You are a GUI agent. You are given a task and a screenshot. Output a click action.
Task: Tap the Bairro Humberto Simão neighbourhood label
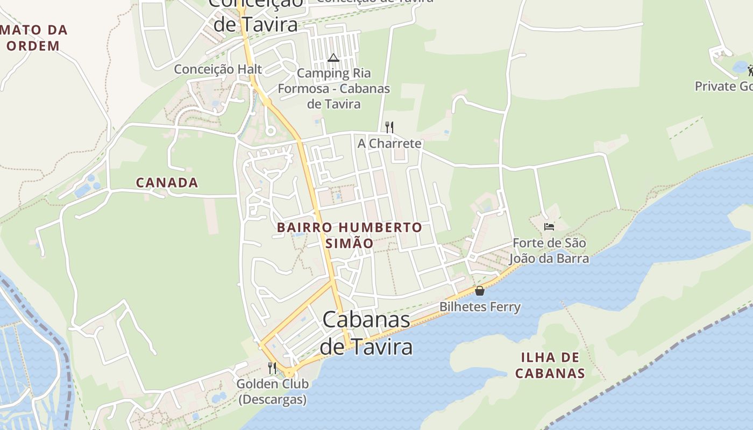[x=350, y=235]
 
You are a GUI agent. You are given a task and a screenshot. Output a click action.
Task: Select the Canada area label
[x=167, y=183]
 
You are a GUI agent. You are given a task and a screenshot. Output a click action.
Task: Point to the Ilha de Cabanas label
[x=550, y=365]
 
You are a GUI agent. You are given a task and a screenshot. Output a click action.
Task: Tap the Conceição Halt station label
[x=218, y=69]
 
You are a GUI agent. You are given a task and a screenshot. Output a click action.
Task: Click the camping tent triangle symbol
[x=333, y=58]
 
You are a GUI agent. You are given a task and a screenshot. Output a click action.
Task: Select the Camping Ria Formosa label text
[x=334, y=88]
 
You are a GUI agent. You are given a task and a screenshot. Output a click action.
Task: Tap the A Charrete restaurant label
[x=389, y=144]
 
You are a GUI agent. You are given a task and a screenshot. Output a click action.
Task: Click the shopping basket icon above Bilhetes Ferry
[x=480, y=291]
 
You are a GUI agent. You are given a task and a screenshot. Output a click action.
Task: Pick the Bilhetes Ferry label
[x=480, y=307]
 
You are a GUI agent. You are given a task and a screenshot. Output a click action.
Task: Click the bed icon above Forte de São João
[x=549, y=227]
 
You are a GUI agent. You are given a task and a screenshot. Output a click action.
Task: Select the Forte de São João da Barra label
[x=549, y=250]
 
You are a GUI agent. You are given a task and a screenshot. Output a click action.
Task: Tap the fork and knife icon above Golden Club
[x=272, y=368]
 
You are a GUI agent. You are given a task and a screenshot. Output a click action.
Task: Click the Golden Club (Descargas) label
[x=273, y=391]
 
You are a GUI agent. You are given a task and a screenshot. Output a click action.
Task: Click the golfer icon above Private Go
[x=750, y=70]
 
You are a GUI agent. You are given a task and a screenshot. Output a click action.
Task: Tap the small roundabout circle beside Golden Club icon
[x=289, y=372]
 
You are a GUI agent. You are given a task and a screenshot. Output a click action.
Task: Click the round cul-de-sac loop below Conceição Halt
[x=271, y=131]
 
